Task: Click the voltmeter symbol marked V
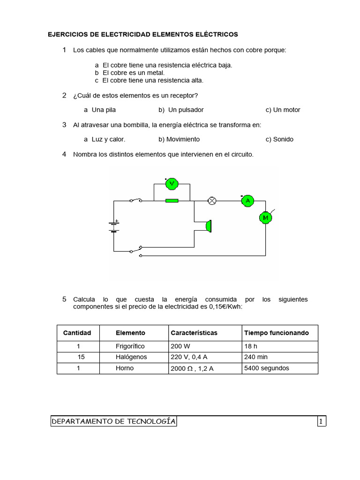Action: click(172, 184)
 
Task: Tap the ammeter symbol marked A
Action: click(247, 201)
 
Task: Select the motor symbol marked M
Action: click(265, 217)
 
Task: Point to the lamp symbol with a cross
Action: click(212, 201)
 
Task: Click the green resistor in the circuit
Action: click(172, 201)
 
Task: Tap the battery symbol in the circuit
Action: click(113, 227)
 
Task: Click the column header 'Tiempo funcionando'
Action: click(276, 333)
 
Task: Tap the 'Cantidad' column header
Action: click(77, 333)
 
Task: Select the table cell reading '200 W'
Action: click(181, 346)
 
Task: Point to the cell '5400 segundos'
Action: click(267, 368)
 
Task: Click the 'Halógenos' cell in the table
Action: click(131, 357)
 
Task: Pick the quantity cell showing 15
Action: click(81, 357)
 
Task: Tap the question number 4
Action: click(64, 154)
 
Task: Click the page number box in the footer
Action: click(321, 421)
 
